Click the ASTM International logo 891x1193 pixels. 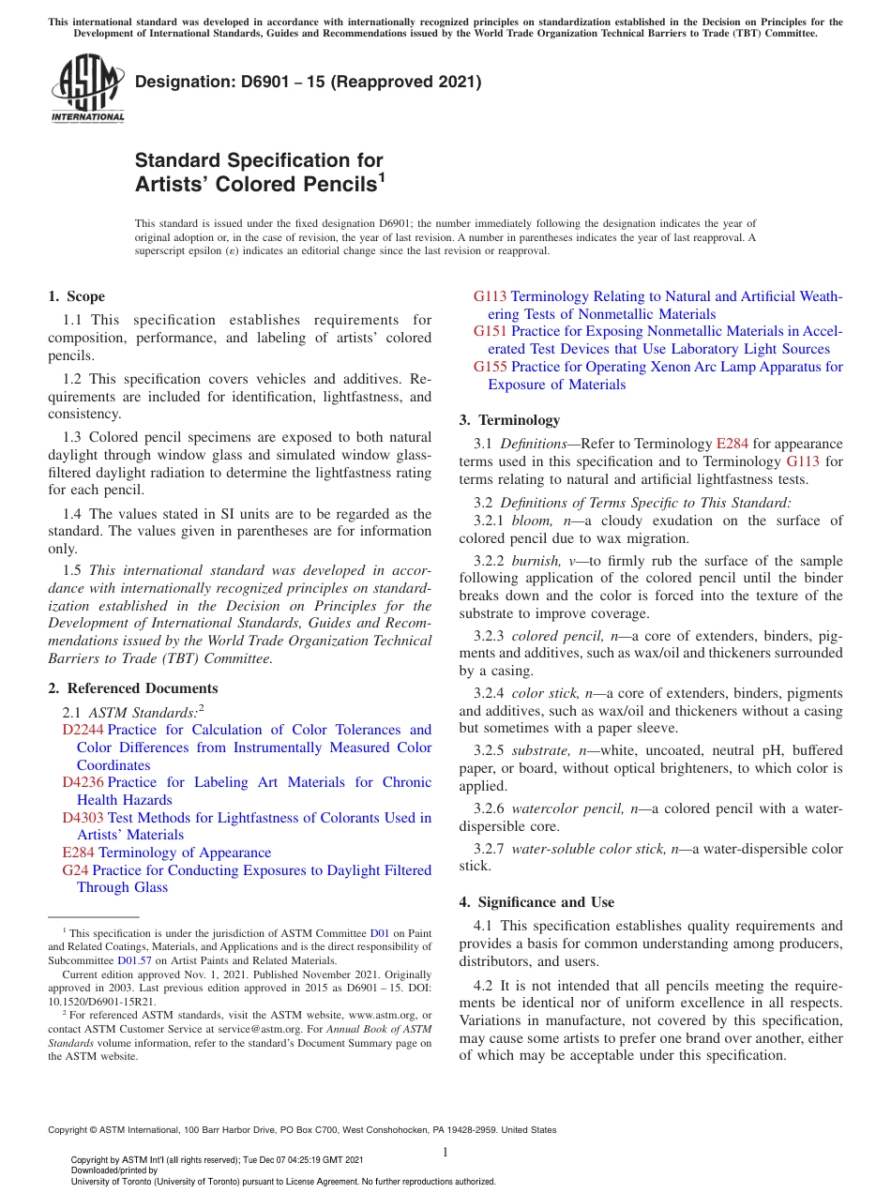pyautogui.click(x=87, y=89)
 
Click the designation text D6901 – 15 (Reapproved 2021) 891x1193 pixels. pyautogui.click(x=309, y=82)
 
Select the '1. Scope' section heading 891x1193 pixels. pyautogui.click(x=76, y=296)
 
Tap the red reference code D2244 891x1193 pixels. pyautogui.click(x=83, y=730)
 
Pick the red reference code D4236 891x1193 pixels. pyautogui.click(x=83, y=782)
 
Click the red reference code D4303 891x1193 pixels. pyautogui.click(x=83, y=818)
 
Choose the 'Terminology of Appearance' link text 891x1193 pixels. pyautogui.click(x=185, y=853)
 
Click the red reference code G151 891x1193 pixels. pyautogui.click(x=490, y=331)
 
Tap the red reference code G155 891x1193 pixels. pyautogui.click(x=490, y=367)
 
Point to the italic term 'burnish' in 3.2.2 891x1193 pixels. pyautogui.click(x=536, y=561)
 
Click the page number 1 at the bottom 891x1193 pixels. pyautogui.click(x=445, y=1153)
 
